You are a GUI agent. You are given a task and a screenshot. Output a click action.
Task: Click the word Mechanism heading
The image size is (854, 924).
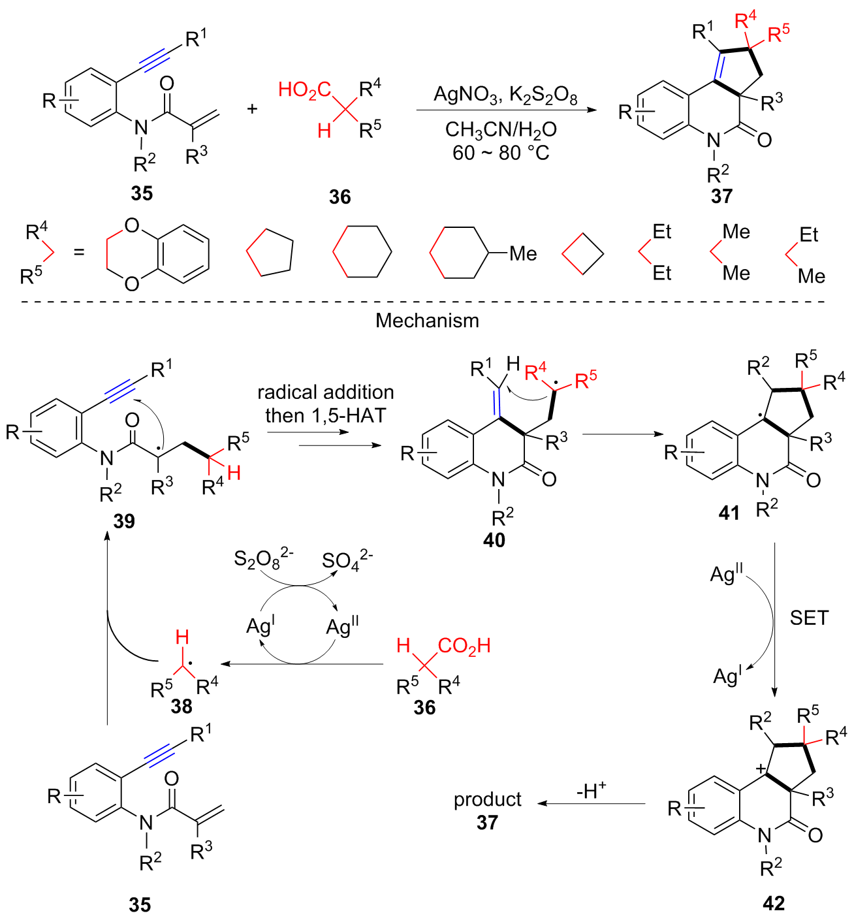coord(427,321)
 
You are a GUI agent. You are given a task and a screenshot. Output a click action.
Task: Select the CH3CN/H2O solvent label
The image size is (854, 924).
coord(501,130)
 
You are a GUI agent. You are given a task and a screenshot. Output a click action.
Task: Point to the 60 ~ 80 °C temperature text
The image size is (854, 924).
coord(501,153)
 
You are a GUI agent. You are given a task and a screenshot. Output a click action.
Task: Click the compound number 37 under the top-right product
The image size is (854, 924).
coord(721,197)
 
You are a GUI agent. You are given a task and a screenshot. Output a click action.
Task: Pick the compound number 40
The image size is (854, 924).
coord(494,540)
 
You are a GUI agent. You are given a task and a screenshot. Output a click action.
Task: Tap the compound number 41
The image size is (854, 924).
coord(729,513)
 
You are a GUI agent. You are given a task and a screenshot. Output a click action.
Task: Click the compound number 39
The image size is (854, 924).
coord(124,522)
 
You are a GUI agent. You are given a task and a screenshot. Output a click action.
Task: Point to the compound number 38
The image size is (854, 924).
coord(181,707)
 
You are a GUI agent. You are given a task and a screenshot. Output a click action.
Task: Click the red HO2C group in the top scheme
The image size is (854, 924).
coord(304,90)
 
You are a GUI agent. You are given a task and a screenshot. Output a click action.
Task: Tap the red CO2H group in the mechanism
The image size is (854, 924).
coord(464,646)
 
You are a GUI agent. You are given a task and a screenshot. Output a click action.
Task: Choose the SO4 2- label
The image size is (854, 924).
coord(347,560)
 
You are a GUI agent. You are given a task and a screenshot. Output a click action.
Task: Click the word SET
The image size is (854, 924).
coord(810,618)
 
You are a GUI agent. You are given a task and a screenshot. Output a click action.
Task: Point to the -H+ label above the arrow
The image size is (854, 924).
coord(591,790)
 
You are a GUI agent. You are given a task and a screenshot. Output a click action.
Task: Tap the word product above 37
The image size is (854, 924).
coord(487,799)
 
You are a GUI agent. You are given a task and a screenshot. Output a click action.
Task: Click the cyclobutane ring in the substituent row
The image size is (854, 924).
coord(582,253)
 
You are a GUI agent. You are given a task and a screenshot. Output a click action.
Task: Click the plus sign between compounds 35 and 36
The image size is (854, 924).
coord(252,109)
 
